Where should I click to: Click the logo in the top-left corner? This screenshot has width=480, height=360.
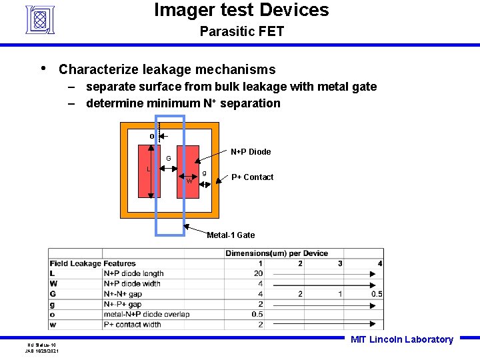coord(39,19)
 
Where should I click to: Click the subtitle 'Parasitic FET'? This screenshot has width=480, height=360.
coord(241,31)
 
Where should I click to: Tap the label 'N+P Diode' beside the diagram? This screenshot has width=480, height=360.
coord(251,152)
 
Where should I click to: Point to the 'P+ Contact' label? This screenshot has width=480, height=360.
coord(252,177)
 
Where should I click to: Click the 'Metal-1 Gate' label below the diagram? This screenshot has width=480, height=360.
coord(231,235)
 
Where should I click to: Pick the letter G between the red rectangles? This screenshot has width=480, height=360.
coord(169,159)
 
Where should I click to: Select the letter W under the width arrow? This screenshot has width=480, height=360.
coord(189,181)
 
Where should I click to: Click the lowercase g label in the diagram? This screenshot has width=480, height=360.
coord(204,173)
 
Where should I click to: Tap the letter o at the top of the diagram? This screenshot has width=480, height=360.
coord(152,137)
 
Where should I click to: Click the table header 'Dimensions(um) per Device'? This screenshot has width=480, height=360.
coord(277,253)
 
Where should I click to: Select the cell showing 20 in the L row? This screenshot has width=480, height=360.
coord(258,273)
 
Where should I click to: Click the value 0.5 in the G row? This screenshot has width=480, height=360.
coord(377,294)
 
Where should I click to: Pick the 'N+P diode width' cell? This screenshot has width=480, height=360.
coord(132,283)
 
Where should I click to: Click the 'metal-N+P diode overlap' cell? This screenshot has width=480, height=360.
coord(147,314)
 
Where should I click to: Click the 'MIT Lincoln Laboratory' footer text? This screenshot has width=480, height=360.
coord(401,340)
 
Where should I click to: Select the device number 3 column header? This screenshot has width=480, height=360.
coord(340,263)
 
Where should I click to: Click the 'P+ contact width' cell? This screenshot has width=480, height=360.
coord(132,325)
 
